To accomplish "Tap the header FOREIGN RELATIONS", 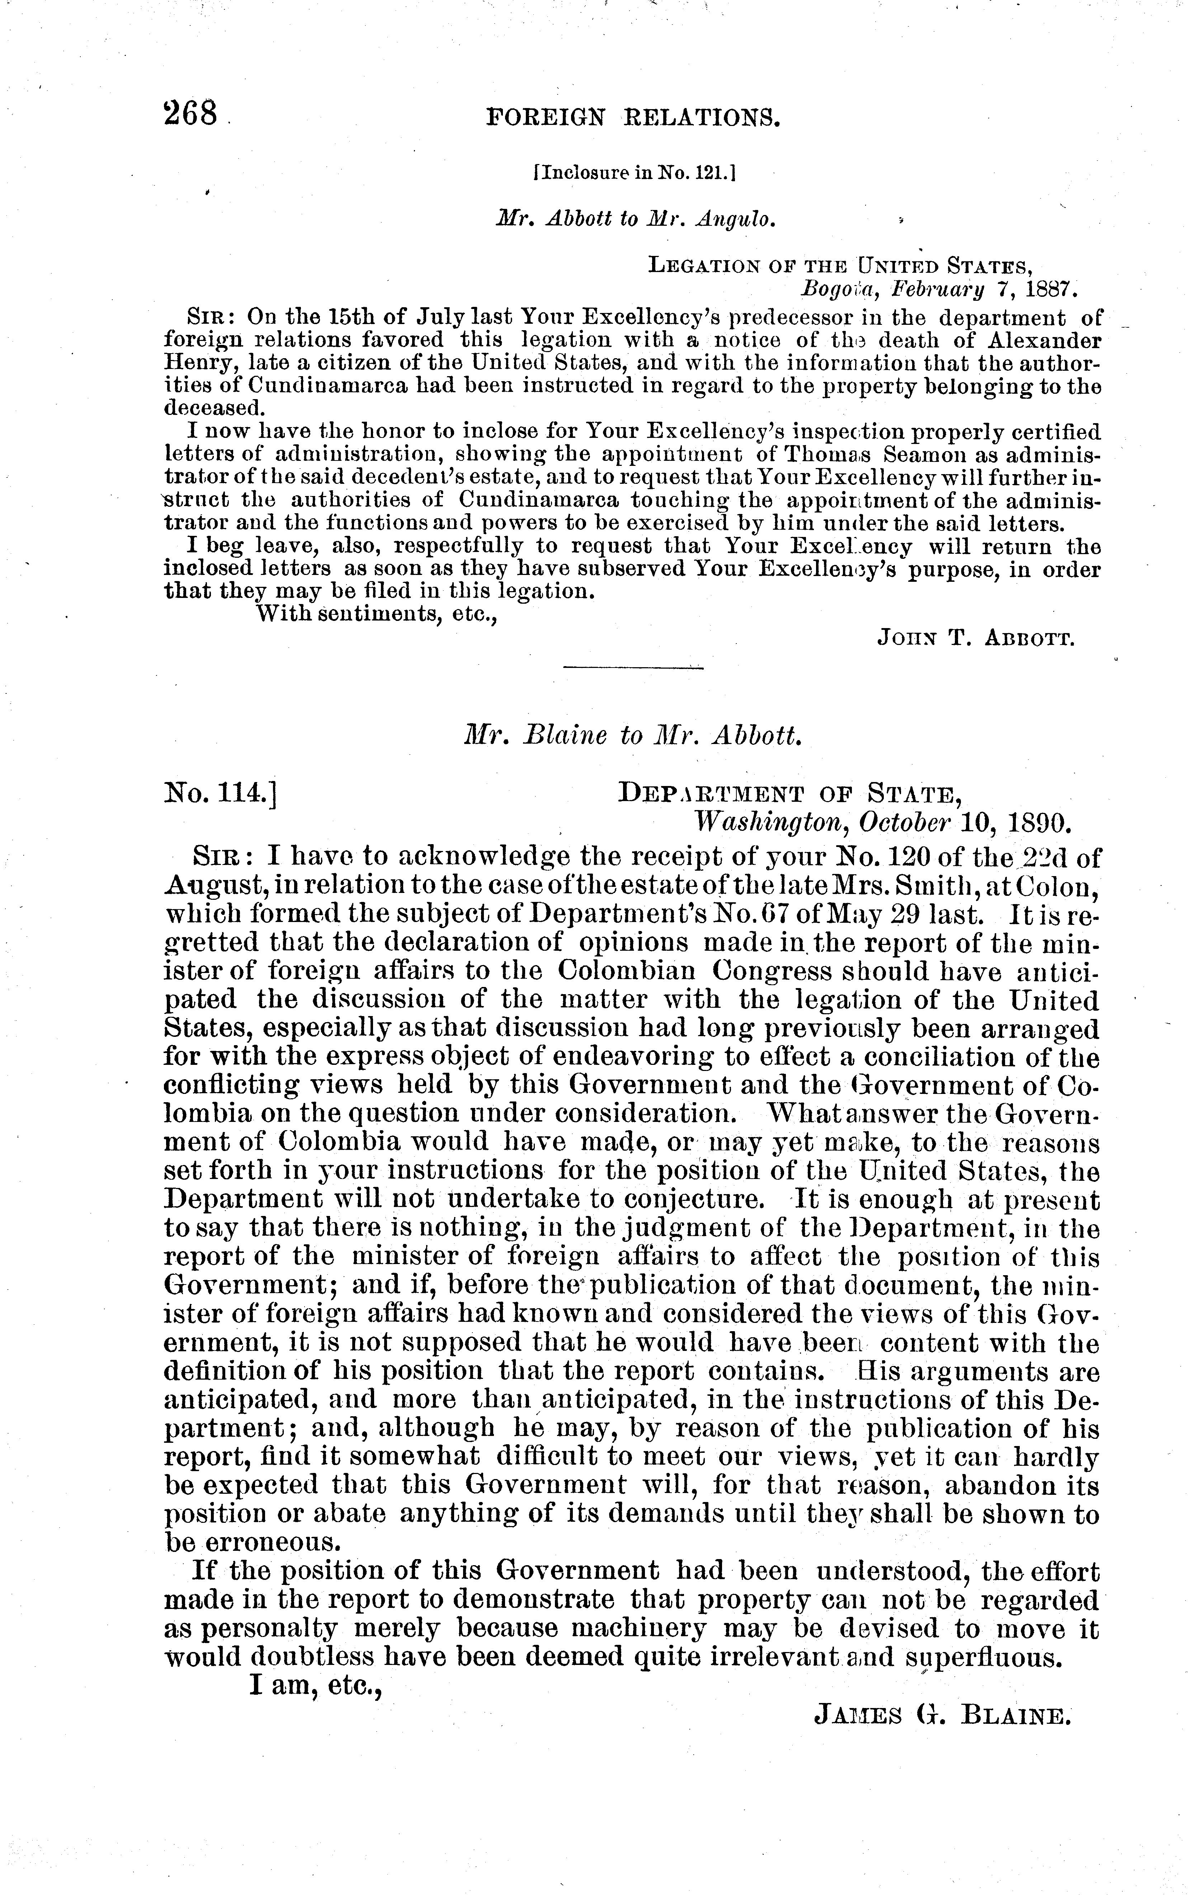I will (x=633, y=118).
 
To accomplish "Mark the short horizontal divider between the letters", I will (x=633, y=668).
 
